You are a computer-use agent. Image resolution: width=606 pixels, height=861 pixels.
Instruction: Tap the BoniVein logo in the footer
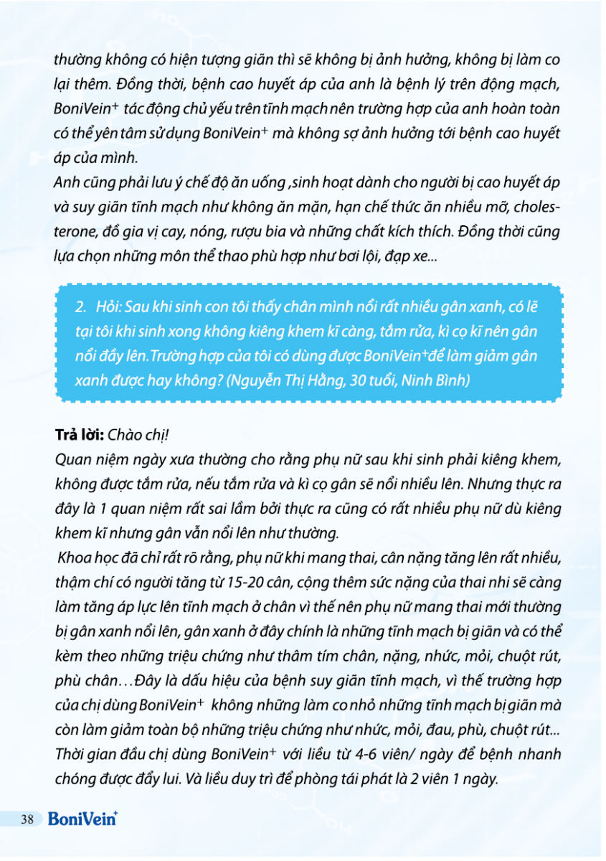(82, 818)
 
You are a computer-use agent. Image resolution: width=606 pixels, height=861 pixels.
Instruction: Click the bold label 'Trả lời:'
(80, 436)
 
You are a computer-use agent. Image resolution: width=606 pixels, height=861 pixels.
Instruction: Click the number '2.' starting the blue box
(81, 306)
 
